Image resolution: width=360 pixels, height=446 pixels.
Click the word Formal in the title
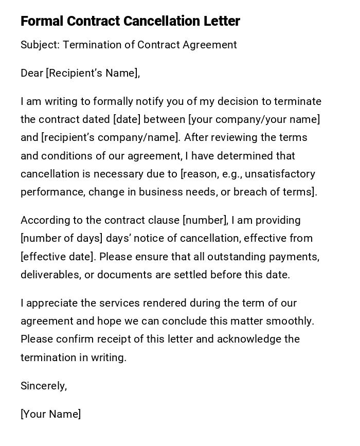click(x=42, y=21)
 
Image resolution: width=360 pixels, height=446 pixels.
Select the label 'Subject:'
click(x=40, y=45)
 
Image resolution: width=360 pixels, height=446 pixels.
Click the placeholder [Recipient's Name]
click(x=93, y=73)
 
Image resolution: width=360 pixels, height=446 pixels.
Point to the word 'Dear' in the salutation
click(x=32, y=73)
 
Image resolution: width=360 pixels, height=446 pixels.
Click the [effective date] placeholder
click(x=57, y=256)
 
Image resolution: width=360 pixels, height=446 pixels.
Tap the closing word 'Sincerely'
click(x=43, y=386)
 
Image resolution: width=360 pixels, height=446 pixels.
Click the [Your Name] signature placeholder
click(x=50, y=414)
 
